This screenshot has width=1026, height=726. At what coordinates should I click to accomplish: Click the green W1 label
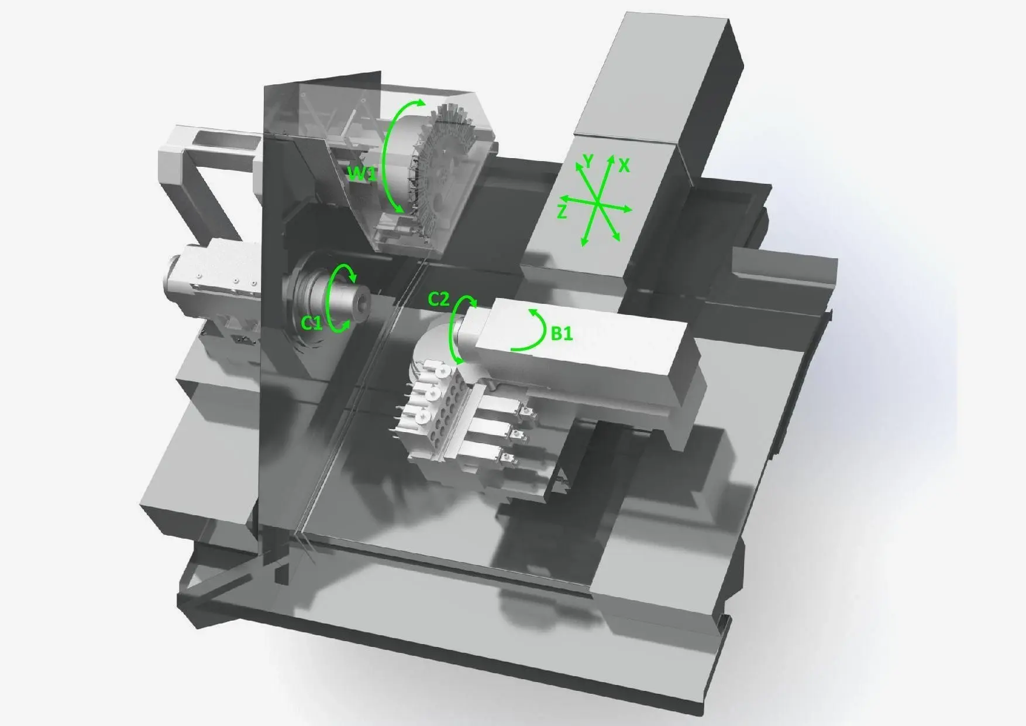(363, 174)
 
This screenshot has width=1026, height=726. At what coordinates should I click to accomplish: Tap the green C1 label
(312, 323)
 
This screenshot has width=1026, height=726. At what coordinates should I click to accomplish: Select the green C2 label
(439, 299)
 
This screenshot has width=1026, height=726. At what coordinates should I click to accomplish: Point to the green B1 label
(562, 334)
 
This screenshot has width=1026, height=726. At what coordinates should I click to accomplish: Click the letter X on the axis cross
(624, 166)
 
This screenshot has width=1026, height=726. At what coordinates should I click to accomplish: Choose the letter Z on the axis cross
(562, 212)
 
